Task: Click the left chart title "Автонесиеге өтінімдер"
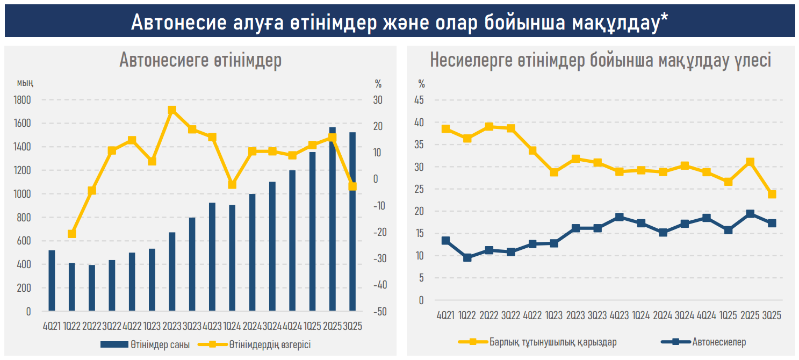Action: [x=200, y=60]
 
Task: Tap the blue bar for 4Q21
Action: [x=52, y=280]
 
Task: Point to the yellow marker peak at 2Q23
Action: [x=172, y=110]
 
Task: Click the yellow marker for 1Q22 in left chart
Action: [x=72, y=234]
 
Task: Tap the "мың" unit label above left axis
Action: [x=25, y=83]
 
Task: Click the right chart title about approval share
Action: [x=600, y=60]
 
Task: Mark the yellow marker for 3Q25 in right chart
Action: [x=772, y=195]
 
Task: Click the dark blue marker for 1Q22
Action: [x=467, y=257]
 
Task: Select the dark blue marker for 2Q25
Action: [x=750, y=214]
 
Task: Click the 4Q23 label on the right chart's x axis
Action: [x=620, y=315]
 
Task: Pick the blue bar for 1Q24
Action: [x=232, y=258]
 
